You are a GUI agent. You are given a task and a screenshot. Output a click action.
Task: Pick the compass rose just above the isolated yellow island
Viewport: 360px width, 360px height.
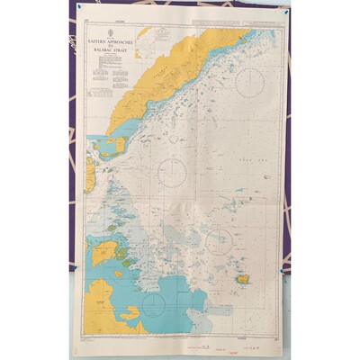point(219,241)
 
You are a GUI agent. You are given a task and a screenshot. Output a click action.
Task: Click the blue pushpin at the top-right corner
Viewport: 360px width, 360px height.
point(285,13)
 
